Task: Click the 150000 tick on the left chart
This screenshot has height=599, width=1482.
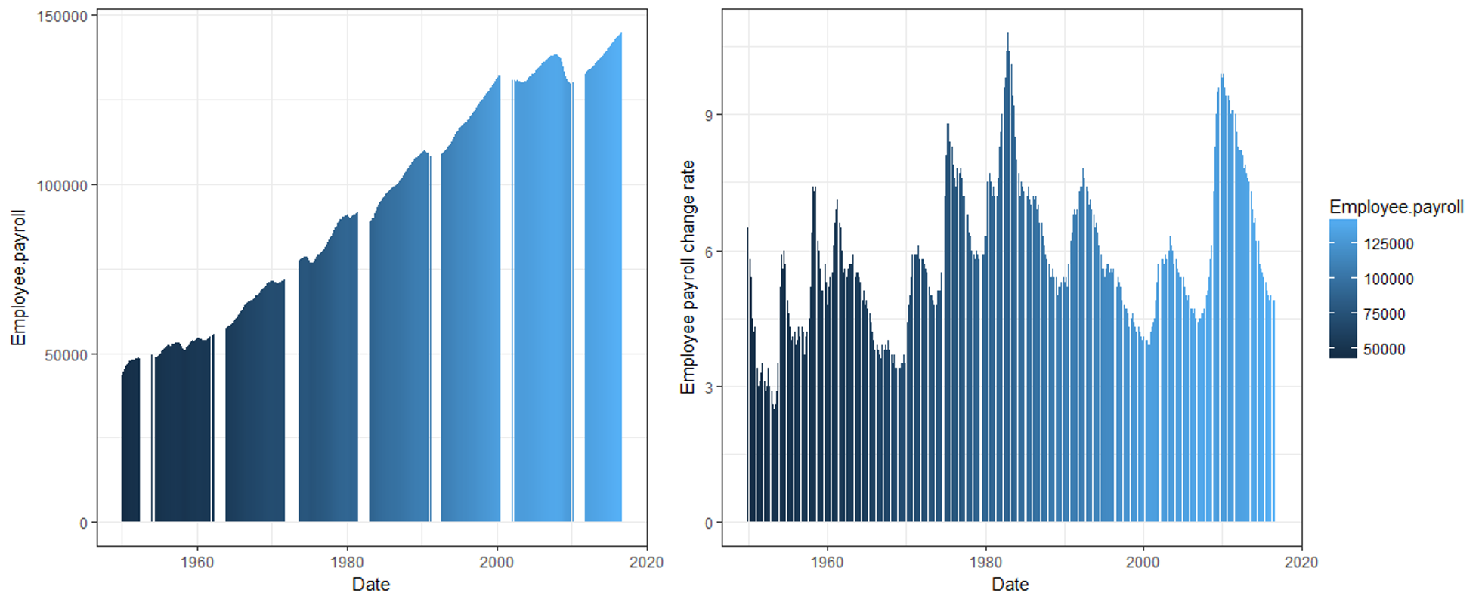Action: tap(62, 17)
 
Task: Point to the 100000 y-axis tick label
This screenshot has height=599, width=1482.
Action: tap(62, 186)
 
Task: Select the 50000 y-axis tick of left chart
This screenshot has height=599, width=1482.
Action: tap(66, 355)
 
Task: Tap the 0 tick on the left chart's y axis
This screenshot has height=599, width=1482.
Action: tap(83, 523)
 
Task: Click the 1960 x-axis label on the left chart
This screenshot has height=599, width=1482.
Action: tap(197, 563)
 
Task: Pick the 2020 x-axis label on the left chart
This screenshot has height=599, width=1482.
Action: tap(646, 563)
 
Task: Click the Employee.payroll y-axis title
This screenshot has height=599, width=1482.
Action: tap(18, 278)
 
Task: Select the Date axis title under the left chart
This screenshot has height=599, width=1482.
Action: tap(371, 585)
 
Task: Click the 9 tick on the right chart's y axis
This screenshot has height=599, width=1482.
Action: tap(709, 116)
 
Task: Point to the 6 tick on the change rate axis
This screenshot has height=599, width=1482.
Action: tap(709, 252)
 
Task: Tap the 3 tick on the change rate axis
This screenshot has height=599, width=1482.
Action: tap(709, 387)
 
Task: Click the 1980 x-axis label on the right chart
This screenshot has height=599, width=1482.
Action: tap(985, 563)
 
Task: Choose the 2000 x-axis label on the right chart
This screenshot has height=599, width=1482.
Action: tap(1143, 563)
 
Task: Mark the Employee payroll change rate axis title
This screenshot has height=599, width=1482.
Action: tap(688, 277)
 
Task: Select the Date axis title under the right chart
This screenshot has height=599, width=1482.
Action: tap(1010, 585)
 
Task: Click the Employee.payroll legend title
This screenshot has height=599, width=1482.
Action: tap(1396, 208)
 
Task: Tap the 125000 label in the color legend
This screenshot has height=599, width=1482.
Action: tap(1388, 244)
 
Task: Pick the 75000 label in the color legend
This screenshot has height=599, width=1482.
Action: tap(1385, 314)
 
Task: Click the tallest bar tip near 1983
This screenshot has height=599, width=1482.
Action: tap(1007, 35)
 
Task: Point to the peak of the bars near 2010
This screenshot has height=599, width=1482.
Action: tap(1222, 76)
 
